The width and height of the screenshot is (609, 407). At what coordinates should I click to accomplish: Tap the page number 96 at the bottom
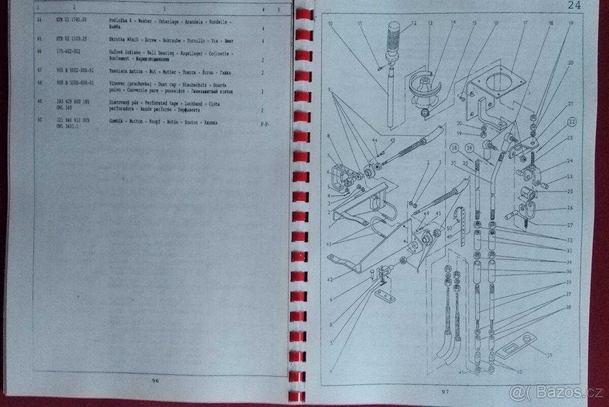point(155,381)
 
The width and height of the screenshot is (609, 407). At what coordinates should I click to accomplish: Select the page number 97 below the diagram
point(445,391)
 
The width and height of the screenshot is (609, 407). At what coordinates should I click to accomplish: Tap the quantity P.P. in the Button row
point(264,124)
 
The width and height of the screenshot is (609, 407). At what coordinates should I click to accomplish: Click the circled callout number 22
point(571,122)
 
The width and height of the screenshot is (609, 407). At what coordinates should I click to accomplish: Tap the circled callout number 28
point(453,148)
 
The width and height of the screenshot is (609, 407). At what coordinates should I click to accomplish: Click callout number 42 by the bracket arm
point(330,279)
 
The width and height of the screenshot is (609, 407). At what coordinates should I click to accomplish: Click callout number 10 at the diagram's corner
point(330,23)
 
